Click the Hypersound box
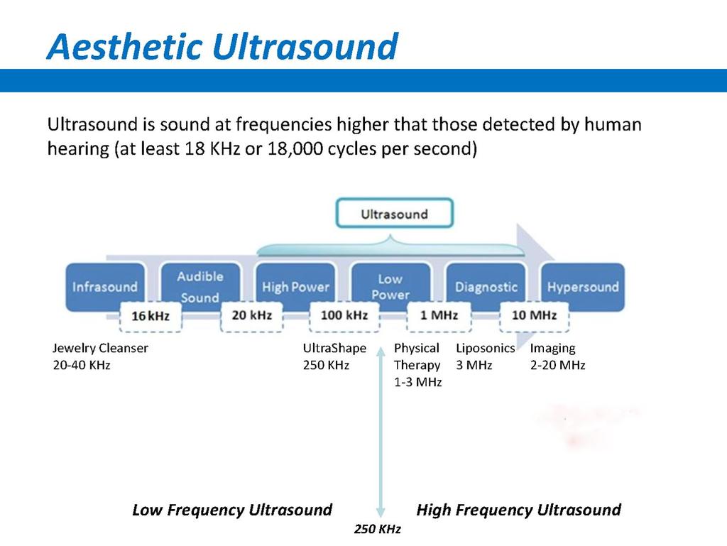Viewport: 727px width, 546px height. coord(583,286)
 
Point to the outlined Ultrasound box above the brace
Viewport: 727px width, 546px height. coord(394,213)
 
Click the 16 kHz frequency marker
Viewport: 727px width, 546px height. coord(151,317)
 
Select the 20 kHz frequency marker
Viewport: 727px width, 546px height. coord(252,316)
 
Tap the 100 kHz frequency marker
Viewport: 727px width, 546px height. coord(344,316)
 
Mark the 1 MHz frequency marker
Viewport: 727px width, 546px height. coord(439,316)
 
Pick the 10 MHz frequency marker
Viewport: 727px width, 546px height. coord(534,316)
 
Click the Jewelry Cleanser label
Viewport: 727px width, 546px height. coord(100,348)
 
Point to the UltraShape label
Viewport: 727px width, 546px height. coord(334,348)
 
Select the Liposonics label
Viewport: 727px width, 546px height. coord(486,348)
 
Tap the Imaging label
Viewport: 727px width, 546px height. coord(552,349)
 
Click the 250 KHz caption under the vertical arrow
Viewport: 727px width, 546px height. coord(378,529)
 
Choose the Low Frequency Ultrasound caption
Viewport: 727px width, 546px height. coord(232,510)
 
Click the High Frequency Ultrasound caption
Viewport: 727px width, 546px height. coord(519,510)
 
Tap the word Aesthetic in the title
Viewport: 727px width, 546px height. coord(125,47)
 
